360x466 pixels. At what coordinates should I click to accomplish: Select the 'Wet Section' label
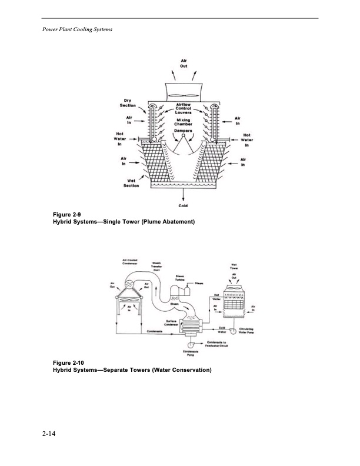point(131,183)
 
